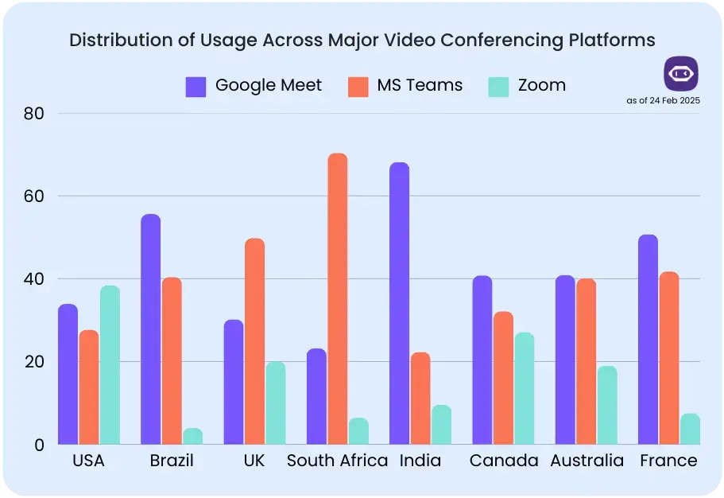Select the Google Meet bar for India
[x=400, y=303]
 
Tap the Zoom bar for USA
[x=110, y=365]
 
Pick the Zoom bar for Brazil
[x=192, y=436]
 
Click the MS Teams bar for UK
[x=254, y=341]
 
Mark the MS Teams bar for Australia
[x=586, y=361]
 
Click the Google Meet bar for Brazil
[x=151, y=329]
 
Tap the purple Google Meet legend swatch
[x=196, y=86]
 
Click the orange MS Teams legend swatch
[x=358, y=86]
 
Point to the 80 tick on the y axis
[x=33, y=114]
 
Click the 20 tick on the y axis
[x=33, y=362]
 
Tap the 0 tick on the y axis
[x=38, y=445]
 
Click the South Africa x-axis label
[x=337, y=461]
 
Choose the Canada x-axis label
[x=503, y=461]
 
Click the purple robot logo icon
[x=681, y=73]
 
